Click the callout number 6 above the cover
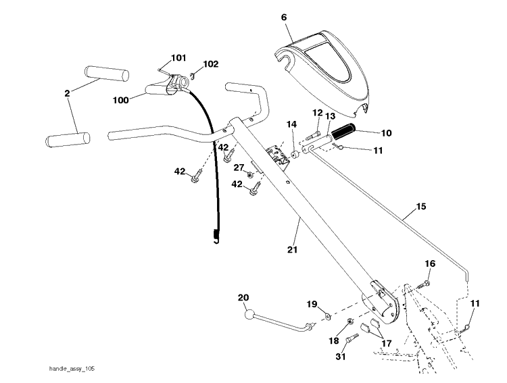click(x=284, y=17)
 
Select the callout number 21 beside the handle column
click(x=292, y=249)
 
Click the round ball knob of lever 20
click(x=250, y=315)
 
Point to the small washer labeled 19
click(x=328, y=317)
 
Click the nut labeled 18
click(x=349, y=322)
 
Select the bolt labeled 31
click(x=352, y=338)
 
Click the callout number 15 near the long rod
click(x=421, y=206)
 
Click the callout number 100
click(x=121, y=100)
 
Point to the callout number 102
click(x=210, y=64)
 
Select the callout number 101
click(x=178, y=58)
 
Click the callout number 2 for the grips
click(x=67, y=93)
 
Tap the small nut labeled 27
click(x=250, y=175)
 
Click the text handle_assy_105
click(x=72, y=369)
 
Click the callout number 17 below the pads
click(x=387, y=343)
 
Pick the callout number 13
click(x=330, y=116)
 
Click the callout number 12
click(x=318, y=113)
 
